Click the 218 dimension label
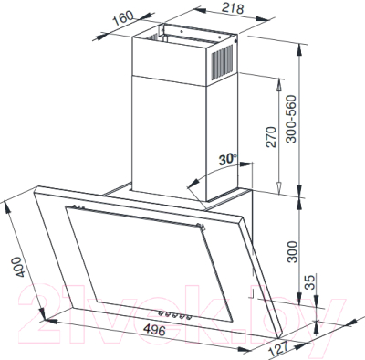(x=233, y=8)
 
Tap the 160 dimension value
(x=123, y=18)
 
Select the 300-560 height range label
(x=291, y=119)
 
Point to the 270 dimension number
(x=271, y=137)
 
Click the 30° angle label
(x=227, y=159)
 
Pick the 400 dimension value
(x=19, y=267)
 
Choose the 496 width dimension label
(x=154, y=330)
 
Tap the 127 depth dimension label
(x=278, y=349)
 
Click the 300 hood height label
(x=292, y=251)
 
